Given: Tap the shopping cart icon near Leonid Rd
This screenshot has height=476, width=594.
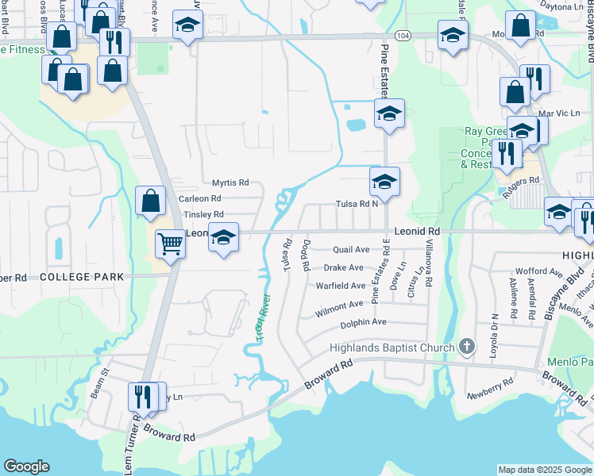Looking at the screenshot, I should [x=169, y=244].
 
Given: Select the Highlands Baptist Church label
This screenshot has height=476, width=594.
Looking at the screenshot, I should [x=393, y=347].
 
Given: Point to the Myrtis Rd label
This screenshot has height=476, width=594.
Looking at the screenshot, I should [x=230, y=182].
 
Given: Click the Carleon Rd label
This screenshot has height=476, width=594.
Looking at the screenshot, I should [x=199, y=198].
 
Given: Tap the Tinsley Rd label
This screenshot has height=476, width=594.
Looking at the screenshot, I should [x=203, y=214].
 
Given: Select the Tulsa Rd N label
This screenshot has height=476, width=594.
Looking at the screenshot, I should [x=356, y=204].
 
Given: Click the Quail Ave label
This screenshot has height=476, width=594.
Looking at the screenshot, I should [x=351, y=249].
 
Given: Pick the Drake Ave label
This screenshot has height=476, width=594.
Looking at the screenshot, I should [x=344, y=267].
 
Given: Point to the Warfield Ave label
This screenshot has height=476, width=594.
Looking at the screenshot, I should [x=341, y=286].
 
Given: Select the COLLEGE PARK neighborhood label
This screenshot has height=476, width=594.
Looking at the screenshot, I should [x=82, y=277].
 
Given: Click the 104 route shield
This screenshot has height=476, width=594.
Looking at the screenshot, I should [x=403, y=36].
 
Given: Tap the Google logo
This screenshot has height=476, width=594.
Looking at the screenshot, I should [x=26, y=466].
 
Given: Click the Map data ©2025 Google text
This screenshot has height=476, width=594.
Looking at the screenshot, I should [x=544, y=470].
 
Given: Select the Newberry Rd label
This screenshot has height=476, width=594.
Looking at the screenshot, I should [x=490, y=394].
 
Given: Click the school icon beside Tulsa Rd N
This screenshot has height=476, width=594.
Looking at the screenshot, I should [x=384, y=182].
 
